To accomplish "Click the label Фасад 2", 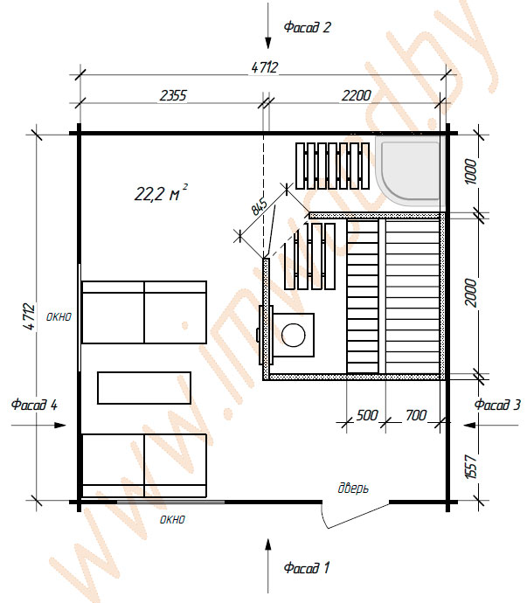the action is click(307, 27).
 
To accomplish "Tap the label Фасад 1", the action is click(307, 568).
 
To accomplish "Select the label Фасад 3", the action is click(497, 405).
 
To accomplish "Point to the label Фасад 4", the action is click(34, 405).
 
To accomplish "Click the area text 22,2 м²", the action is click(161, 192).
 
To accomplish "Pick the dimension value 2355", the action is click(173, 95).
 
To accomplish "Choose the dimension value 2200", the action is click(357, 95).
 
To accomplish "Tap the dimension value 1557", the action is click(471, 467).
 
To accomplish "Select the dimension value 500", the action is click(367, 415).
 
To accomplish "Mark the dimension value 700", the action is click(416, 415).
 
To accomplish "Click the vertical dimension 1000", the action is click(471, 171).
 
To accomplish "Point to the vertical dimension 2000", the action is click(471, 293).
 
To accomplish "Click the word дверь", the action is click(353, 488).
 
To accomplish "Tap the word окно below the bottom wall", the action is click(172, 520).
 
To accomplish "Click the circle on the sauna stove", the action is click(294, 335).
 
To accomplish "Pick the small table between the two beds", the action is click(144, 388).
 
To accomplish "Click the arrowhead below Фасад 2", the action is click(268, 42).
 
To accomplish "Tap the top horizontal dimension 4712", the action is click(264, 67).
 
